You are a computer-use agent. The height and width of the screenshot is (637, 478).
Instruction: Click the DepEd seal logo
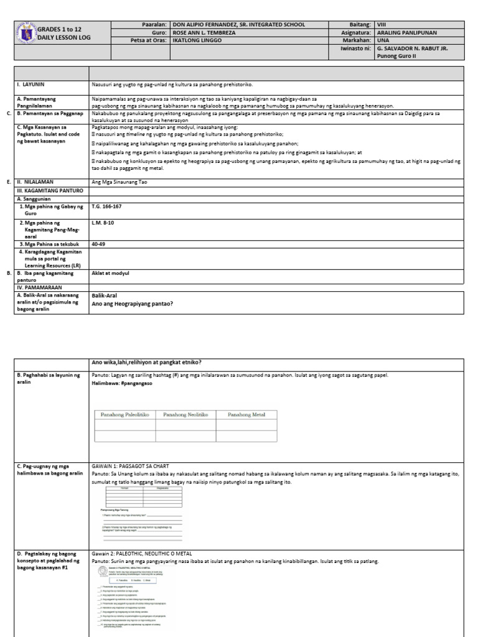(26, 34)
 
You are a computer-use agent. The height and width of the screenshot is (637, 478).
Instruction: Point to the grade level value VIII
(383, 25)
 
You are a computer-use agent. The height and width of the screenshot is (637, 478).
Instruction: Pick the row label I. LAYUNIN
(30, 84)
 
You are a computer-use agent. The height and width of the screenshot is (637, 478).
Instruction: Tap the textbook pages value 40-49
(98, 244)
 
